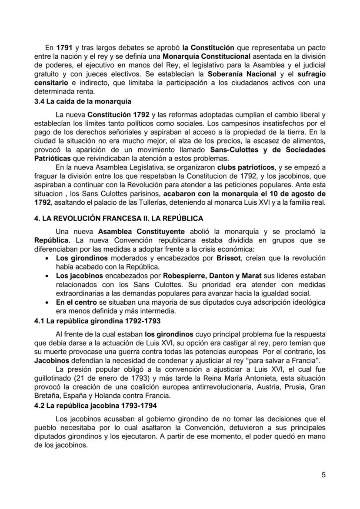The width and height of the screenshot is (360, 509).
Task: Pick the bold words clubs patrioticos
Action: pyautogui.click(x=246, y=167)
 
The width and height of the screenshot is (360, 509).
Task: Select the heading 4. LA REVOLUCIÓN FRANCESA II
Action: pyautogui.click(x=118, y=218)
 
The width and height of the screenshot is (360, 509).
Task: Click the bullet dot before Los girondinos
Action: pyautogui.click(x=47, y=258)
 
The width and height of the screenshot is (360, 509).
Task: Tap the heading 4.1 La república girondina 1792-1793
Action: pyautogui.click(x=97, y=321)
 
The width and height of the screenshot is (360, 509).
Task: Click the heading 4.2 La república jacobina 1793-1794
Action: pyautogui.click(x=96, y=406)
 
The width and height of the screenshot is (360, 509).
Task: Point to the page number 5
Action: pyautogui.click(x=323, y=475)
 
